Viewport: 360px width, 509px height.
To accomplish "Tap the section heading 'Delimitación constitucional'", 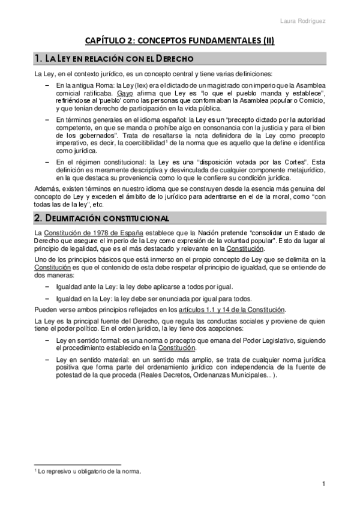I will (103, 215).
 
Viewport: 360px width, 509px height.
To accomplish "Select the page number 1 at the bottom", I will (323, 484).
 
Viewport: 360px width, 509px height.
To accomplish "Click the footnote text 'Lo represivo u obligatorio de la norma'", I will (90, 471).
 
